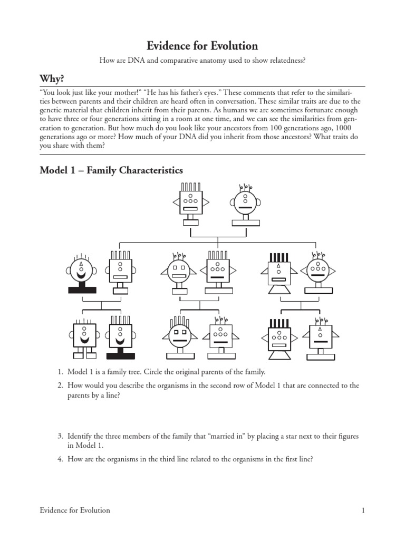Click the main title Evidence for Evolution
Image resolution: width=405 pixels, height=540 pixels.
202,46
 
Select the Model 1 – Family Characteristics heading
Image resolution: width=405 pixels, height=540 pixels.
111,170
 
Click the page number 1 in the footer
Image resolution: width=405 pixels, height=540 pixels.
363,510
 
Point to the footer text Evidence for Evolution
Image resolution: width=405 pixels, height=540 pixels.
75,510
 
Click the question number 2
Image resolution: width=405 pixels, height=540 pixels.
60,385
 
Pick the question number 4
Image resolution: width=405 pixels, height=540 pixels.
60,459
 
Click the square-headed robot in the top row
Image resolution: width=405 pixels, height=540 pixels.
190,204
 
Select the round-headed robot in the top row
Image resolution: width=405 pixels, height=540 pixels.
244,204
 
